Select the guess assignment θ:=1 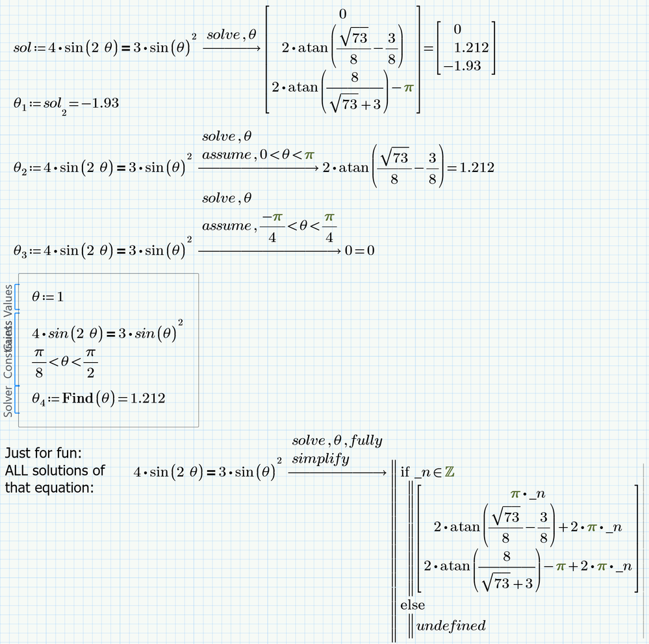tap(48, 297)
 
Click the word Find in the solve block tap(78, 398)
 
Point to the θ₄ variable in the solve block tap(40, 399)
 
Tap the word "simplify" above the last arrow tap(320, 459)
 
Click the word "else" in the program tap(413, 605)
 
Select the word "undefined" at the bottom tap(451, 626)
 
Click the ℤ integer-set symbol tap(448, 472)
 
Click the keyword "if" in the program tap(405, 472)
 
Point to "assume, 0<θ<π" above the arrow tap(258, 155)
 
